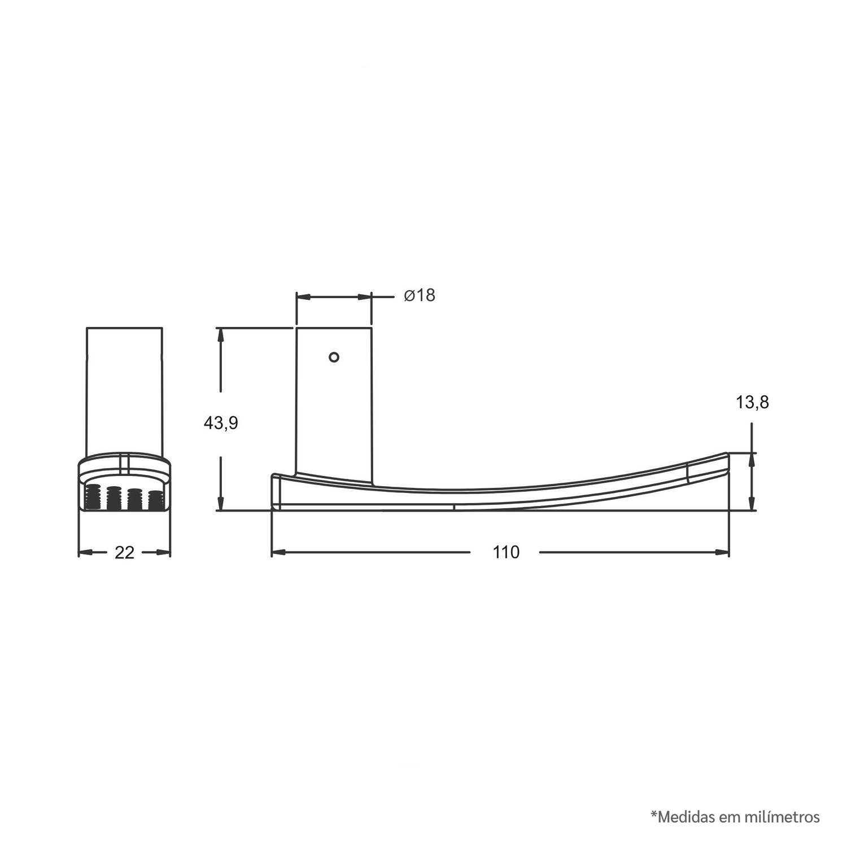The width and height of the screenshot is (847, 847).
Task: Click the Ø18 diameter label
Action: click(420, 295)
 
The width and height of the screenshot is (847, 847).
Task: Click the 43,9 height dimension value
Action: click(221, 422)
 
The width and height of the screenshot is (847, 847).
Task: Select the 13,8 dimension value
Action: click(752, 402)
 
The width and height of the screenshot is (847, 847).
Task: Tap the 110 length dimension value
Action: click(505, 552)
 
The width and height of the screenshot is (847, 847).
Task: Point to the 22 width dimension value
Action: click(124, 552)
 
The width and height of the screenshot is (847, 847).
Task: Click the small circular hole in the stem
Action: click(334, 357)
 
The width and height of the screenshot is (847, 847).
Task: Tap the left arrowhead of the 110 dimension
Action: click(278, 552)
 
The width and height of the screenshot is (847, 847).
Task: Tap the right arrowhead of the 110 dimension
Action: click(722, 552)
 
